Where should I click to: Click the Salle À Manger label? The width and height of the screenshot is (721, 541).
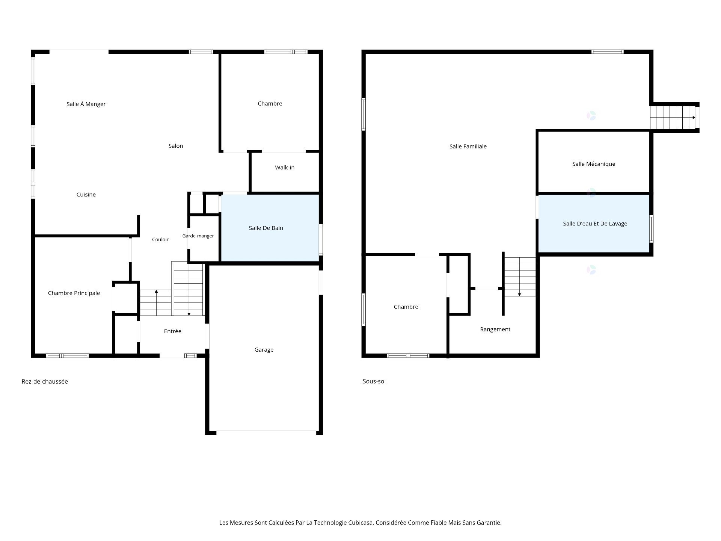pos(86,104)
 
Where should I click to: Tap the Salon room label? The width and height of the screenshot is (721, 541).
pos(176,146)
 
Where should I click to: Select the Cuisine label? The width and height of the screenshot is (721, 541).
pos(86,195)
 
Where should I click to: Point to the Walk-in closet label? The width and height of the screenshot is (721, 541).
pos(285,168)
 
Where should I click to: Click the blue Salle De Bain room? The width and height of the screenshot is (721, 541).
pos(270,228)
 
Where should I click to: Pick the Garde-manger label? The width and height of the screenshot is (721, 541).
pos(198,236)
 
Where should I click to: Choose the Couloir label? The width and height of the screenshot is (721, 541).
pos(160,240)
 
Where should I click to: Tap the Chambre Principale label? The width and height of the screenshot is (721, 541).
pos(74,293)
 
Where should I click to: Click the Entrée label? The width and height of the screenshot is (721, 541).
pos(173,331)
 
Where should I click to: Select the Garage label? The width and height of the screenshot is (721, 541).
pos(264,350)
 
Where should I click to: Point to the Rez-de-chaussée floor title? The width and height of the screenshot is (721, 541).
pos(45,381)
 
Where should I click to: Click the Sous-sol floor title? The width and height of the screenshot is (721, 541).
pos(374,381)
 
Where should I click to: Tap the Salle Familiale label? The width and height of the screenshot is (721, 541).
pos(468,147)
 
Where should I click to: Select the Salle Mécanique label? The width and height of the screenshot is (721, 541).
pos(594,164)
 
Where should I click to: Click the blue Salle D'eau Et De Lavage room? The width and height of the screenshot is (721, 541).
pos(594,224)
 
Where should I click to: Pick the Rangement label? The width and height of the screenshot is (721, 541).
pos(495,329)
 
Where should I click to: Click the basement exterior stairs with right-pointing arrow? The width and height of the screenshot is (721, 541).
pos(673,118)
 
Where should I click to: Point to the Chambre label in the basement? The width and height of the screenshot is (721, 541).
pos(406,307)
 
